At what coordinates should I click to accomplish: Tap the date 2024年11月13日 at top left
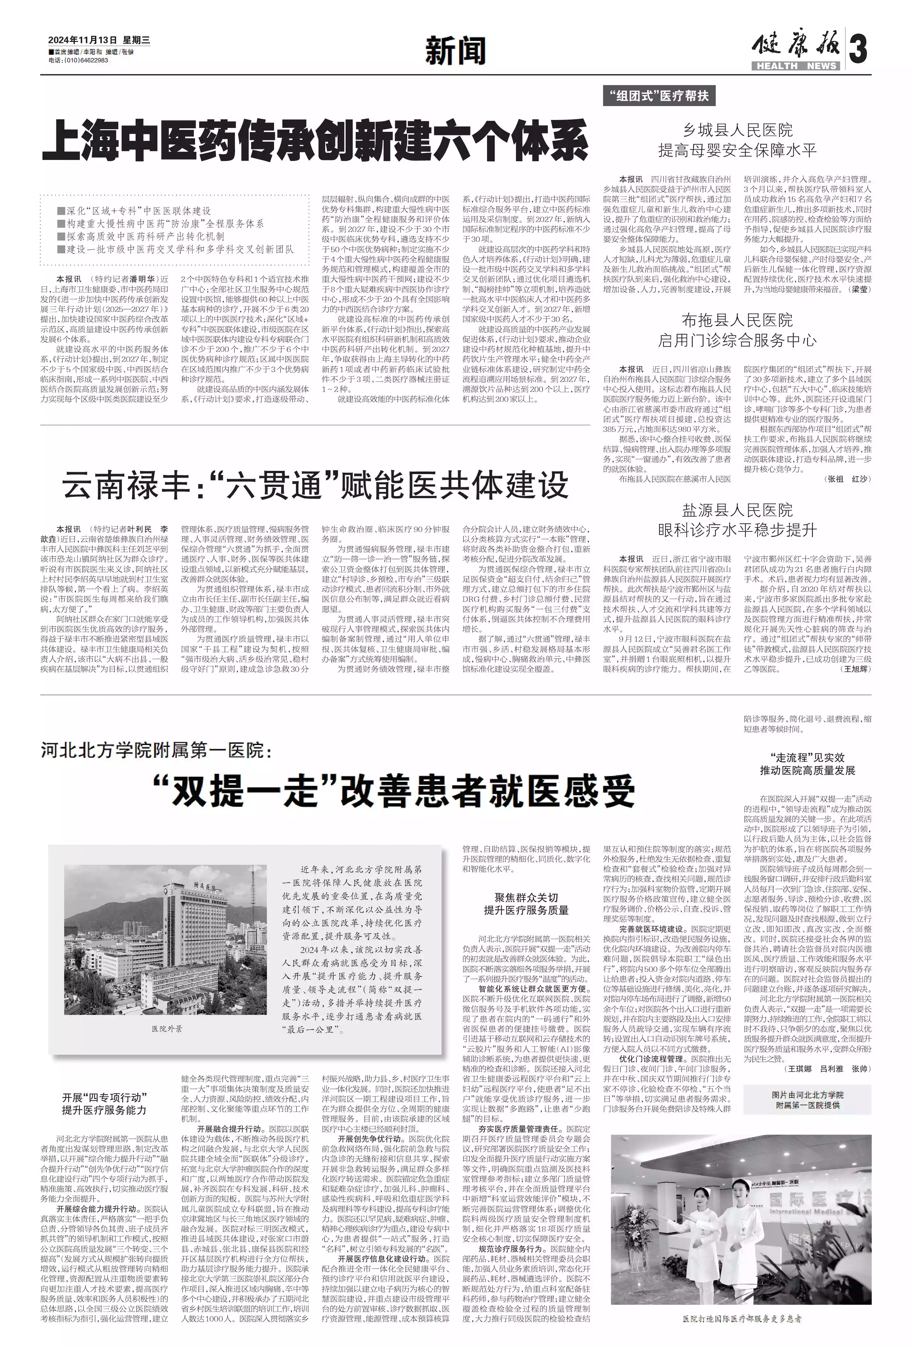pyautogui.click(x=82, y=40)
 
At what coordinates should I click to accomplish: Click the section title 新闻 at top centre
pyautogui.click(x=455, y=51)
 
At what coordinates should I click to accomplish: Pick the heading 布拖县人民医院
pyautogui.click(x=737, y=320)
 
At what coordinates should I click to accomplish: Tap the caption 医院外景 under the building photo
pyautogui.click(x=167, y=1028)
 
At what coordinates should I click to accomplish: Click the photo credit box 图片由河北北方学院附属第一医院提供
pyautogui.click(x=807, y=1100)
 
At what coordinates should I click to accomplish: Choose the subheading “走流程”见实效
pyautogui.click(x=807, y=757)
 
